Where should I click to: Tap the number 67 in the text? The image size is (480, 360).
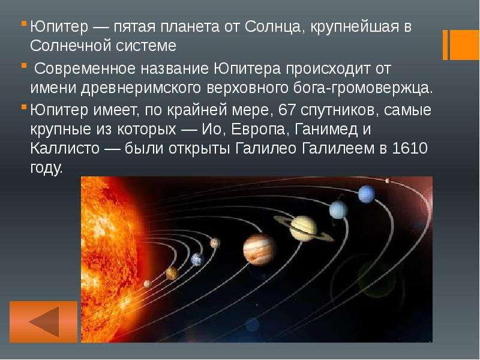click(x=287, y=110)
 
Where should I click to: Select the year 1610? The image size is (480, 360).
click(x=410, y=148)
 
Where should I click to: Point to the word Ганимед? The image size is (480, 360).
click(x=326, y=130)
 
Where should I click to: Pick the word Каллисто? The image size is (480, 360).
click(x=65, y=149)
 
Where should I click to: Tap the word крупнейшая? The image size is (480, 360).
click(x=355, y=28)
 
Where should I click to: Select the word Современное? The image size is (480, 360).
click(x=85, y=68)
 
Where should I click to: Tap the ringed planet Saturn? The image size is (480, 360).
click(x=304, y=228)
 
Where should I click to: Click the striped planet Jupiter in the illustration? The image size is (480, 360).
click(x=260, y=249)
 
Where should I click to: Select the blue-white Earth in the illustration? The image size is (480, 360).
click(x=197, y=260)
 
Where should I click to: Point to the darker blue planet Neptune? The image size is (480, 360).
click(x=367, y=194)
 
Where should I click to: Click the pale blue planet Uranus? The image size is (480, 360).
click(x=338, y=210)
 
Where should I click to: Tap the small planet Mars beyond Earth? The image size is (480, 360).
click(x=215, y=243)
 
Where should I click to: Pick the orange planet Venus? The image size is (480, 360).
click(x=172, y=273)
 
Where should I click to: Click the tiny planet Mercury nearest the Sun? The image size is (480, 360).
click(x=147, y=284)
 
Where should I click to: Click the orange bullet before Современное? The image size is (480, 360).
click(x=24, y=65)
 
